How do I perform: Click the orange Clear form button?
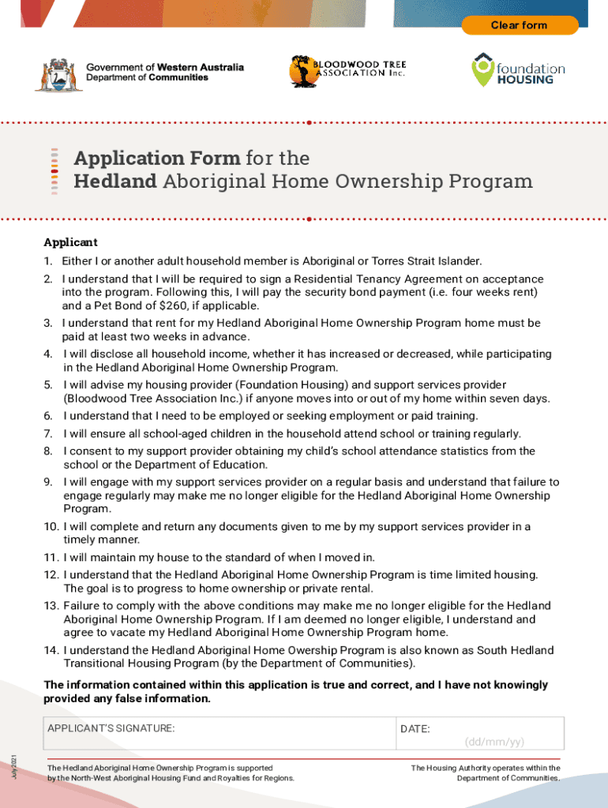pos(519,25)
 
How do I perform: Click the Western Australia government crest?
pos(53,74)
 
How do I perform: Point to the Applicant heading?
pos(70,242)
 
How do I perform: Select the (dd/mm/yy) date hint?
pos(494,742)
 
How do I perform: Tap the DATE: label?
pos(415,729)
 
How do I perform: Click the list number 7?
pos(47,433)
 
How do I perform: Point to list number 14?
pos(50,650)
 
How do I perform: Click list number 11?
pos(50,557)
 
